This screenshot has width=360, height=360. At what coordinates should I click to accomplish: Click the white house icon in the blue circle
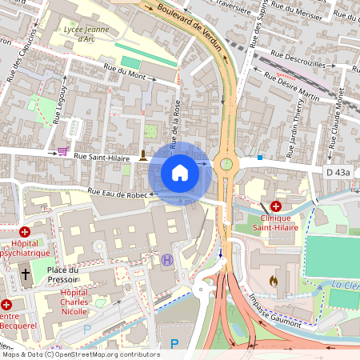[180, 172]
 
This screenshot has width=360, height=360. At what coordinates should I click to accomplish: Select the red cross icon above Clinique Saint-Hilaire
[275, 206]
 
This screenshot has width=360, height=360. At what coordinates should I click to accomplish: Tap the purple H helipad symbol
[166, 259]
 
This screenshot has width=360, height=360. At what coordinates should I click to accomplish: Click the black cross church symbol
[26, 274]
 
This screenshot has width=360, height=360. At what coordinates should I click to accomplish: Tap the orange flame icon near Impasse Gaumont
[275, 282]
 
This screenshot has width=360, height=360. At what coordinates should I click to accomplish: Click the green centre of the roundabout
[226, 164]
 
